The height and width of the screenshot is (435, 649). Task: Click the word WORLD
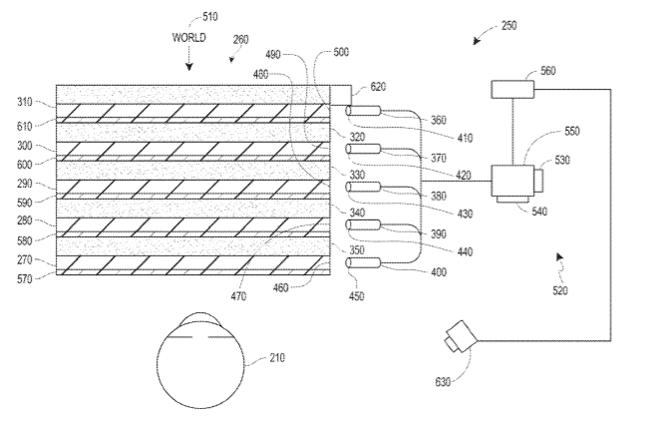(x=188, y=38)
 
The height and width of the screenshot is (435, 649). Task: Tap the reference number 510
(x=209, y=17)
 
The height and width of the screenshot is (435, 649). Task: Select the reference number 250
(x=508, y=26)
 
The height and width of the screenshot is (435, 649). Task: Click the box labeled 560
(x=512, y=90)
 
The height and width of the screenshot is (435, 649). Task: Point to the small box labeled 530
(x=538, y=181)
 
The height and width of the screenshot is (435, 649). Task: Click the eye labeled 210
(x=200, y=360)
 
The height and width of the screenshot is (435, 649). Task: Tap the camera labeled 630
(x=461, y=336)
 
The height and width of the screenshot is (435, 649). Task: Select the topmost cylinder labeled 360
(x=363, y=111)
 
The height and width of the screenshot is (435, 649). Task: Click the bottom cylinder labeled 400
(x=363, y=262)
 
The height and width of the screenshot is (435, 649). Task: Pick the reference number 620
(x=378, y=87)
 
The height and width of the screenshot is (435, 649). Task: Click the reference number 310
(x=25, y=102)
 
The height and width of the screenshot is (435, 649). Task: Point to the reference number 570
(x=25, y=279)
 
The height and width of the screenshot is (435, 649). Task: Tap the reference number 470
(x=238, y=296)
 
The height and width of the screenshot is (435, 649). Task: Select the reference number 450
(x=356, y=296)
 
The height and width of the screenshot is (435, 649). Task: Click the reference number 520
(x=559, y=290)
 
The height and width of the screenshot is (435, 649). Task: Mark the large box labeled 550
(x=512, y=181)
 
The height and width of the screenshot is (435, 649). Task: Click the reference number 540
(x=539, y=212)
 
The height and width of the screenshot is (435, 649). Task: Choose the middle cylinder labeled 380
(x=363, y=187)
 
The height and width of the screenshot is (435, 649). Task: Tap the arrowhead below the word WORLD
(x=189, y=66)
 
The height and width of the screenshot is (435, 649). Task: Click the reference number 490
(x=273, y=55)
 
